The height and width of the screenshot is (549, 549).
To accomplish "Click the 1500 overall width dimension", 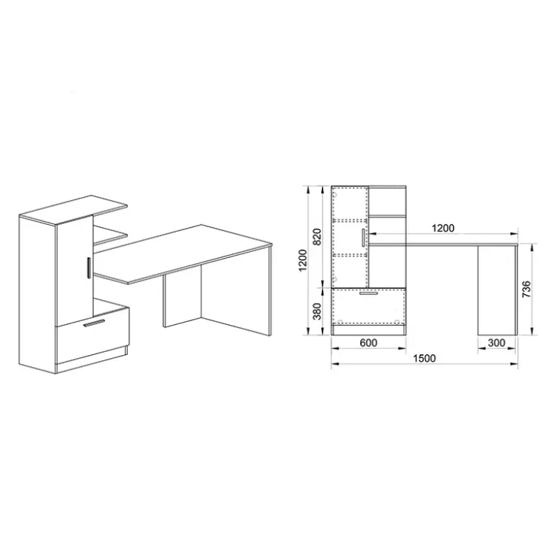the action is [424, 359].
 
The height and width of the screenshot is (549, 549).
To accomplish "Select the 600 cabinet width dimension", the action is [369, 343].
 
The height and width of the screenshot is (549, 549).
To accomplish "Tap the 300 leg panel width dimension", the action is [496, 343].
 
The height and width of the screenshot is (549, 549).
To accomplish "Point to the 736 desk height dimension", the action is [526, 290].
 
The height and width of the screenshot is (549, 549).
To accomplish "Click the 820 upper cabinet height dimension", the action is [317, 237].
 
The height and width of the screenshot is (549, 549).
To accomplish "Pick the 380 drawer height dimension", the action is [317, 311].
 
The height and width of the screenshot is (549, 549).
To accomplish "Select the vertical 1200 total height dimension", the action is [302, 260].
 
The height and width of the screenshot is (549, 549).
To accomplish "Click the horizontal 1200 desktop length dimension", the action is [443, 229].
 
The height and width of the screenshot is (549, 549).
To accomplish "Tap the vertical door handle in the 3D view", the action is [89, 268].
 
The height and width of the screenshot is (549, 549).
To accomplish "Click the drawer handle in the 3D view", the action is [94, 323].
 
